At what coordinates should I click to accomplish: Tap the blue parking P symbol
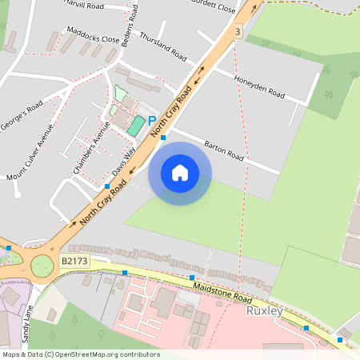point(151,121)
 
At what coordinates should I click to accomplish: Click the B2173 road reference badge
point(74,261)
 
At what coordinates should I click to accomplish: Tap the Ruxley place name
point(266,310)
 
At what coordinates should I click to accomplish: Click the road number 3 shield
point(238,31)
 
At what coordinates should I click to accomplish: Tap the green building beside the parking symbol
point(136,126)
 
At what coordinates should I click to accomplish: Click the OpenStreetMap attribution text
point(80,354)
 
